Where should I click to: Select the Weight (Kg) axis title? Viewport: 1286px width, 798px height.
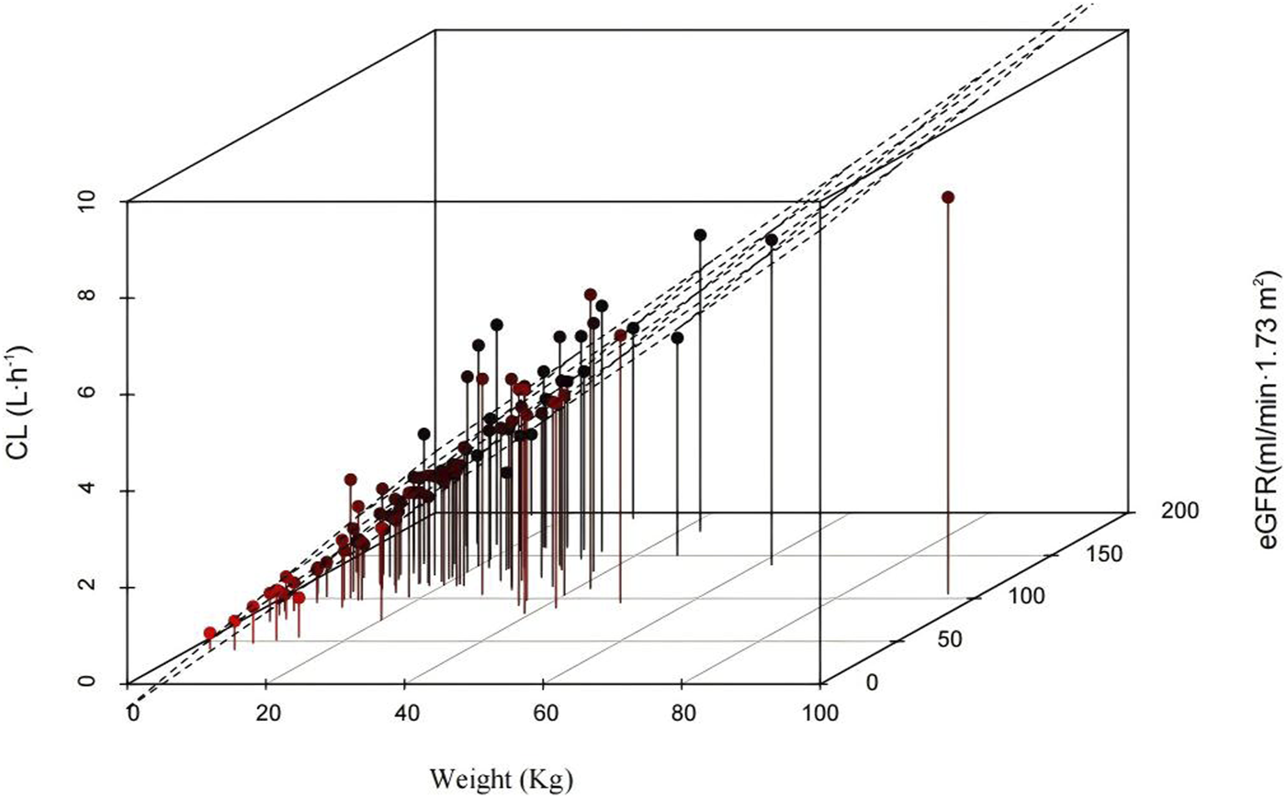(x=501, y=780)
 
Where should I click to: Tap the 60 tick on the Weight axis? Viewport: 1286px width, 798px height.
(x=544, y=713)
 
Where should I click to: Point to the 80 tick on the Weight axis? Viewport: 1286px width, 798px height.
(x=682, y=713)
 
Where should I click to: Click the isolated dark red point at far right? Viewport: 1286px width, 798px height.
(x=948, y=197)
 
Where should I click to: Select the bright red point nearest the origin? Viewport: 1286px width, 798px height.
(x=210, y=633)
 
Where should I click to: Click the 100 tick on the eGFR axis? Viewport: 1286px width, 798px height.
(x=1025, y=596)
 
